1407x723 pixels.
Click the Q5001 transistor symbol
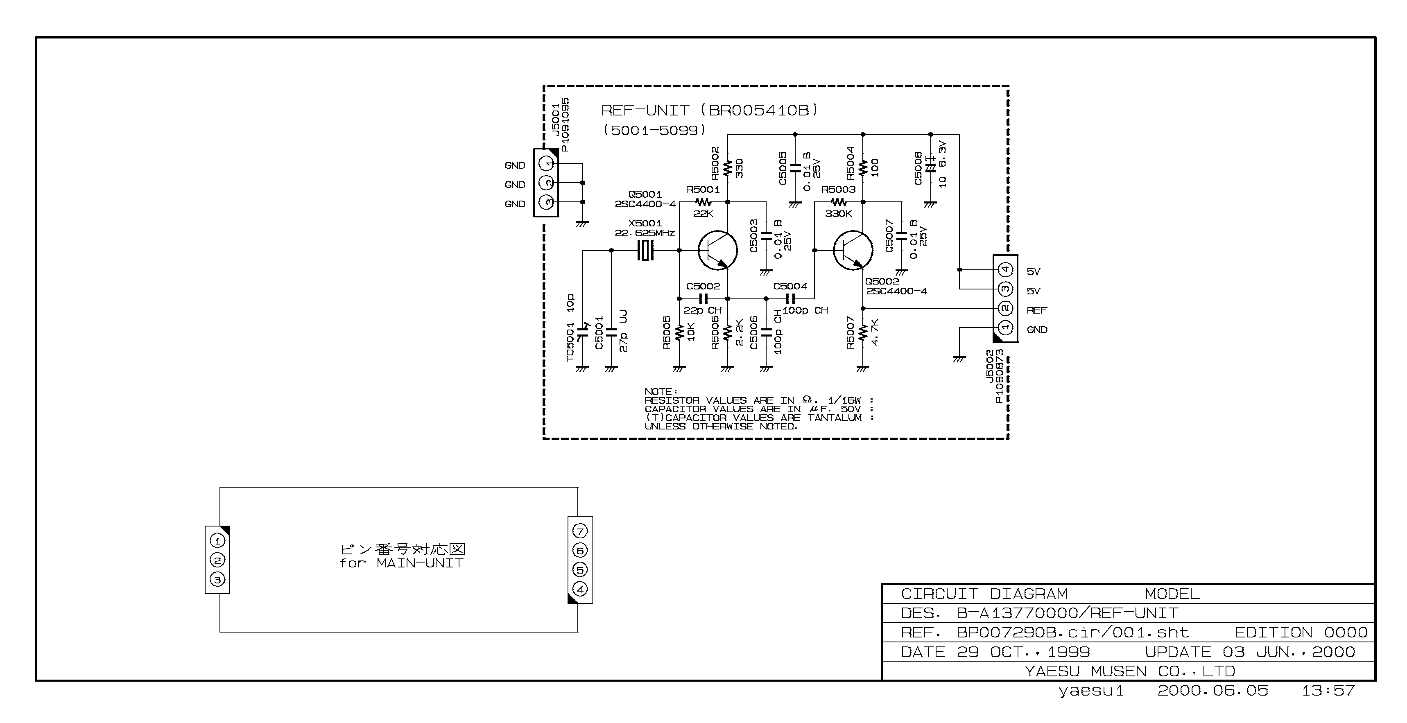(717, 251)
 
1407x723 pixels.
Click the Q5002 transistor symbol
(853, 251)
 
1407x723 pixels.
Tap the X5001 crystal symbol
(646, 251)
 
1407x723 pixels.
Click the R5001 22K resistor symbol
(703, 202)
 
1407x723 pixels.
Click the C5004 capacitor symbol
(790, 299)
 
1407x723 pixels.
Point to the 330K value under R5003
(838, 214)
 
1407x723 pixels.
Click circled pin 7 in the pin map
(580, 531)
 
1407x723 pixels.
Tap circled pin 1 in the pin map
(217, 540)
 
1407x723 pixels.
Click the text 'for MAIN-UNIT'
(401, 563)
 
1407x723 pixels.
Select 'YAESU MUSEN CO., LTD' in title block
(1129, 671)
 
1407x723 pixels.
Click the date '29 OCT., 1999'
(1023, 652)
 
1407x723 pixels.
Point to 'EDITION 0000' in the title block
(1301, 633)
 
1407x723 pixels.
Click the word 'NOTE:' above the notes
(661, 391)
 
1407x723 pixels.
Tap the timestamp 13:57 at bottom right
(1328, 691)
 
